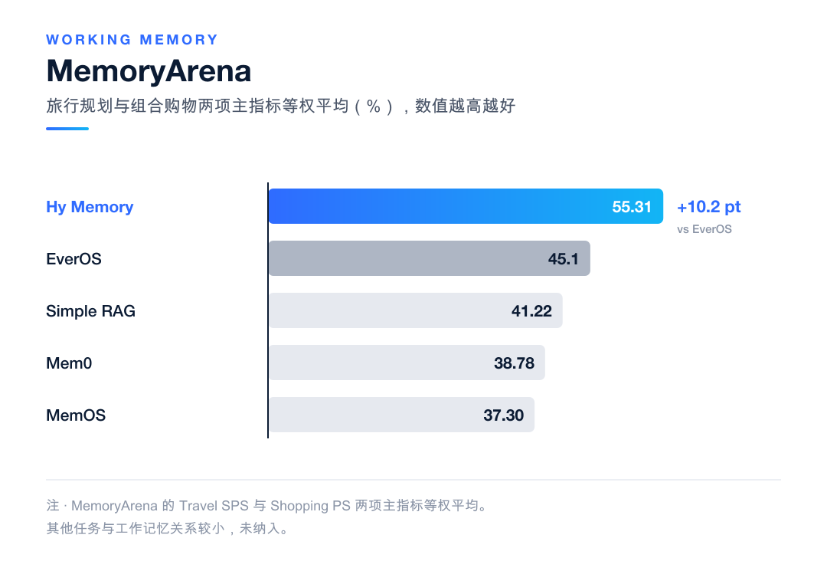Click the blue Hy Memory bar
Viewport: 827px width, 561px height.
click(x=466, y=206)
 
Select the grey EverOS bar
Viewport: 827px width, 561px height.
click(x=430, y=258)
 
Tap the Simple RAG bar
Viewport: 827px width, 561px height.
click(x=416, y=310)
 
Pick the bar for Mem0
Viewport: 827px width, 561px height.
click(x=407, y=363)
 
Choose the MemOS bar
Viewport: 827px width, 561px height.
click(x=401, y=415)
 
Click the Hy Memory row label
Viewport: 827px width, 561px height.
click(x=90, y=207)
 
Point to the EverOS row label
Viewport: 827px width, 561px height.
click(x=74, y=259)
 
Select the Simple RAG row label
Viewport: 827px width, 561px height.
click(x=90, y=311)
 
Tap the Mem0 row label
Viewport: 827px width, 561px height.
click(x=69, y=363)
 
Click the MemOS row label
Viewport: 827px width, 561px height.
click(x=76, y=415)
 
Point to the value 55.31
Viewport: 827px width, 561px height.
click(x=632, y=207)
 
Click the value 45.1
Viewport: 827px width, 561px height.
click(x=564, y=259)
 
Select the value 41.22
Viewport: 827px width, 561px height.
click(x=531, y=311)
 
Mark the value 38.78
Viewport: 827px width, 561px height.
click(x=515, y=363)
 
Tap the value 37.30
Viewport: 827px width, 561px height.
click(x=504, y=415)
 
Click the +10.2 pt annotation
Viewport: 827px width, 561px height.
click(x=709, y=207)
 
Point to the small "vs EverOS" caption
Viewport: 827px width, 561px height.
click(x=704, y=229)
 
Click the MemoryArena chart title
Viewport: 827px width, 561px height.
click(x=149, y=71)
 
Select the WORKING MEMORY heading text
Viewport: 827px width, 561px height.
click(x=132, y=40)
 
